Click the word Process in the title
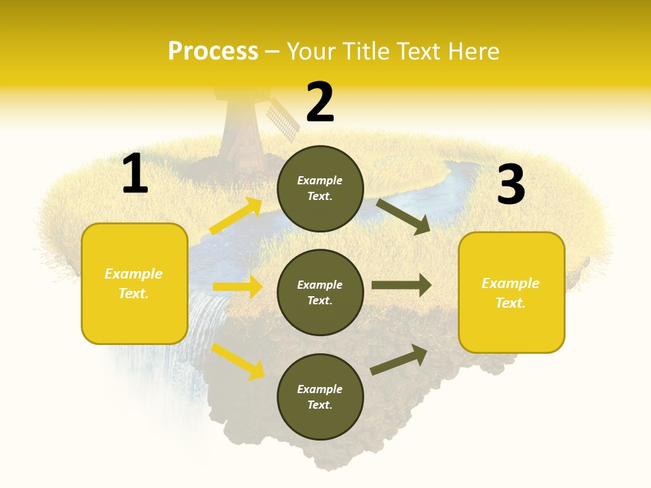[x=213, y=52]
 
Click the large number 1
[x=135, y=174]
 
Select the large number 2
[x=320, y=102]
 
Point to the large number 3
[x=511, y=185]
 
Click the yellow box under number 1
[x=134, y=283]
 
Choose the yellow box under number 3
[x=511, y=292]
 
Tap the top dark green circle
[x=320, y=188]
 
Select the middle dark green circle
[x=320, y=292]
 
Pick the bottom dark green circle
[x=320, y=396]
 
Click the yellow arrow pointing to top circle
[x=236, y=217]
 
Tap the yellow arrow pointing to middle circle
[x=237, y=287]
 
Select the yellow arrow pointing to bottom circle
[x=237, y=361]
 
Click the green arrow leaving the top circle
[x=403, y=216]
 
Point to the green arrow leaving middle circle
[x=401, y=285]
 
